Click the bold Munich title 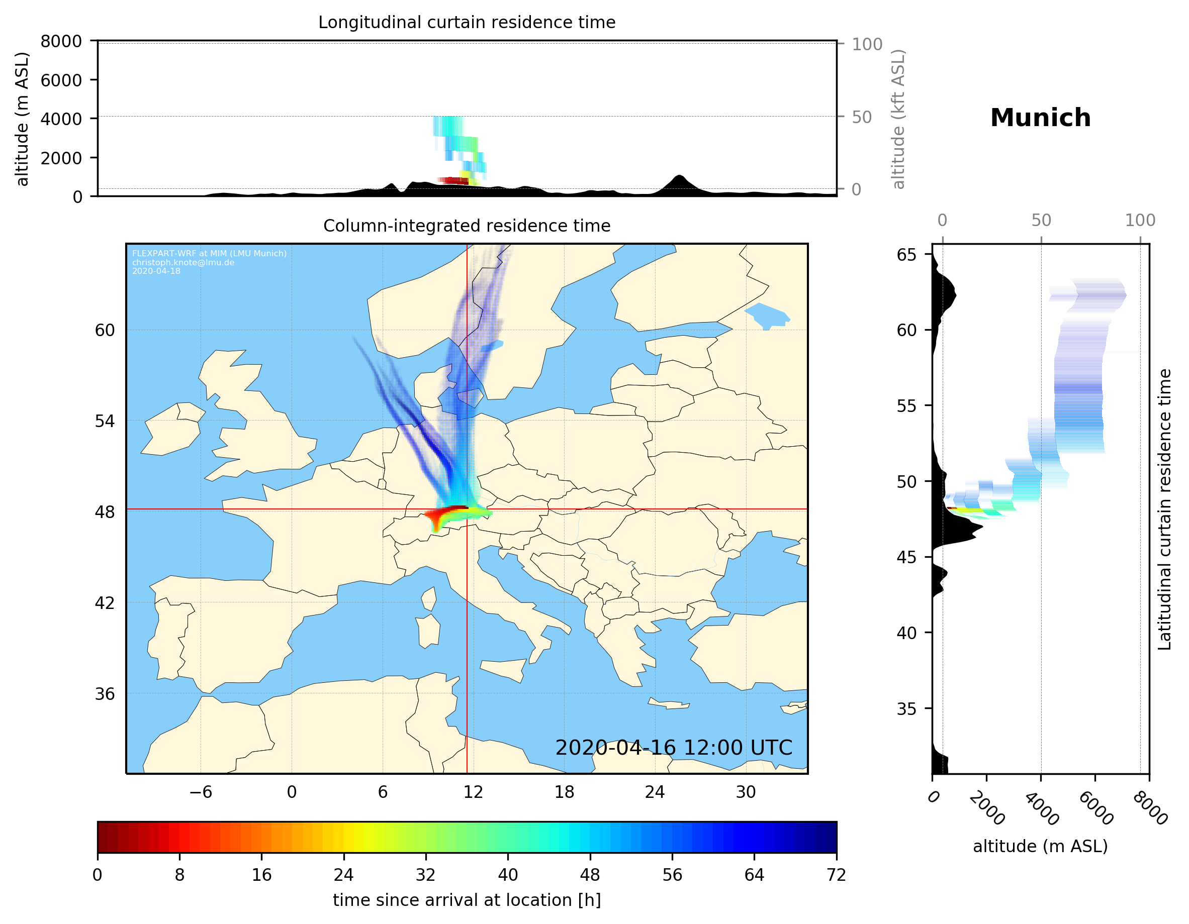1040,118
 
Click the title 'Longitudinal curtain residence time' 467,22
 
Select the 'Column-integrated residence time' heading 467,226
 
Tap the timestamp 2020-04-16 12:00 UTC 674,748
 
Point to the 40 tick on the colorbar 508,875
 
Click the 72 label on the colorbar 836,875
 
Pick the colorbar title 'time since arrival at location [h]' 467,900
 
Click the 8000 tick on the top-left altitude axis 61,41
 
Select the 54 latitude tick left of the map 105,421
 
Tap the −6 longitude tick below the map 200,792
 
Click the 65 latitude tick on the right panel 906,255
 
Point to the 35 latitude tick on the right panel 906,709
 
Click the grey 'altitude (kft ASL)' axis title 898,119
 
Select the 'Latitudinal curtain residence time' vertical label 1164,509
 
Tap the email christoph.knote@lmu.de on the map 183,262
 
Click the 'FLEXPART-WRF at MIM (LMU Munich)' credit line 209,254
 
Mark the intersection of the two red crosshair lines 467,509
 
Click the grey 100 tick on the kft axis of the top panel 867,44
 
